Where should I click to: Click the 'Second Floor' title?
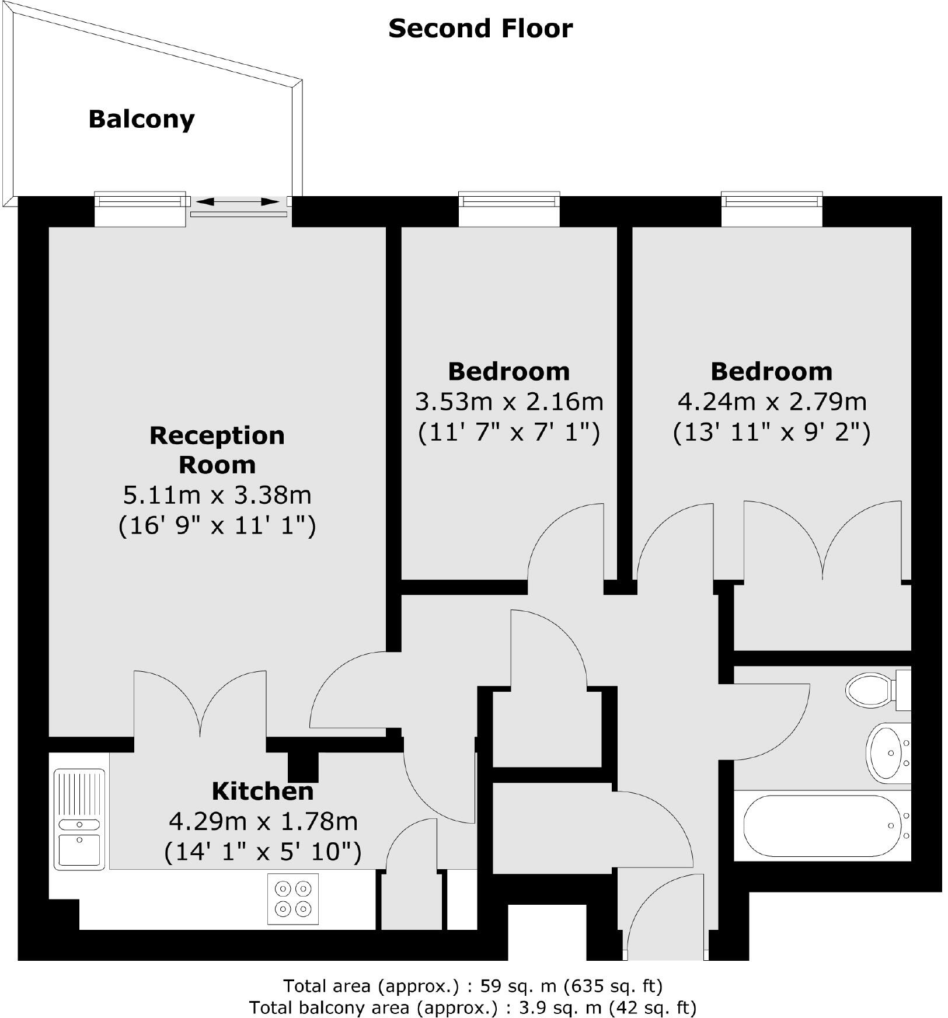480,29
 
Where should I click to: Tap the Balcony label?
141,119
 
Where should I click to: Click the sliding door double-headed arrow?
237,202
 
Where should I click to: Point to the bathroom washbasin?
887,753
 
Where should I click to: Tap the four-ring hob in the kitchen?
293,899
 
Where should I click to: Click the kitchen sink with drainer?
79,818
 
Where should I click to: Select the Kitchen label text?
263,791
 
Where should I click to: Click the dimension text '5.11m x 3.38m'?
217,495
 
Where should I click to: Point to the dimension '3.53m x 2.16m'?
509,402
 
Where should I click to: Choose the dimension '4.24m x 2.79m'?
772,402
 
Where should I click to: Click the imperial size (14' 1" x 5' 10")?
263,852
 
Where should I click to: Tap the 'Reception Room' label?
217,450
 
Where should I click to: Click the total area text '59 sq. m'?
518,986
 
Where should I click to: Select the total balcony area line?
473,1007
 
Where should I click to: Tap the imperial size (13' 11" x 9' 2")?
772,433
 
